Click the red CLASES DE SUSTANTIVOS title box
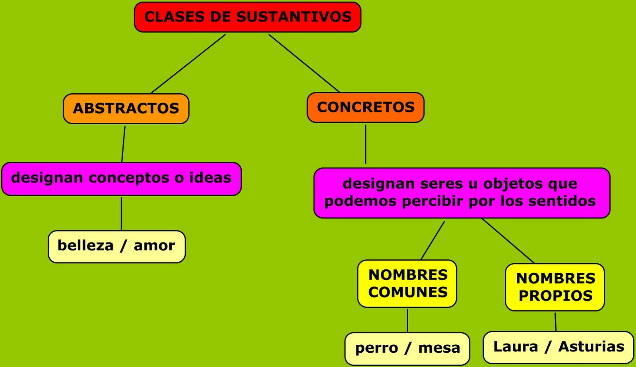[247, 17]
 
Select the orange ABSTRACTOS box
[126, 108]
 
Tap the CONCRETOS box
[365, 107]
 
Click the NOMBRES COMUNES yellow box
[407, 284]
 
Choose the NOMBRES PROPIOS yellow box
[555, 287]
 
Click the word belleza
[85, 246]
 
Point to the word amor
[154, 246]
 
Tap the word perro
[376, 348]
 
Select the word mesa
[439, 348]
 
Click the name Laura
[516, 347]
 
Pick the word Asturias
[591, 347]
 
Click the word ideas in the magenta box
[210, 178]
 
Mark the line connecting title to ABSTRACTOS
[188, 64]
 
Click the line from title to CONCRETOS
[304, 63]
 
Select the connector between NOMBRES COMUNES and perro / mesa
[407, 320]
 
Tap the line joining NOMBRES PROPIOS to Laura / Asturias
[555, 322]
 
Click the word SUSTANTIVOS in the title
[294, 17]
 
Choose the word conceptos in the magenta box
[130, 178]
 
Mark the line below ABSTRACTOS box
[123, 143]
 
